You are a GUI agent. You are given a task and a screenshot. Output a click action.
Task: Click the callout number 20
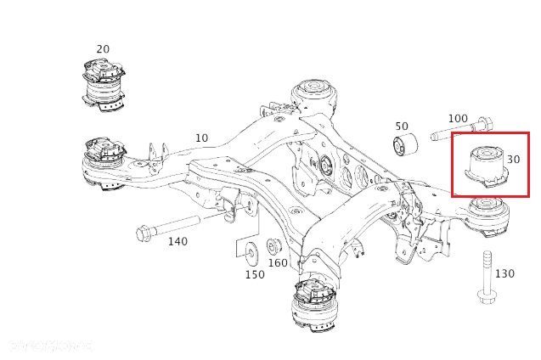coord(103,49)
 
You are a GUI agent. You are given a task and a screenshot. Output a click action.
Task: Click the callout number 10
coord(201,138)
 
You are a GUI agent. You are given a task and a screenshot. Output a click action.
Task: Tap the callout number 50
coord(402,127)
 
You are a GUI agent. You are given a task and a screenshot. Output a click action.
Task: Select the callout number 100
coord(457,118)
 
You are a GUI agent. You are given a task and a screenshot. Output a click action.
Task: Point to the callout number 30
coord(513,159)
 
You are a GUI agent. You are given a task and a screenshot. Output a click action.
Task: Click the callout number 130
coord(504,273)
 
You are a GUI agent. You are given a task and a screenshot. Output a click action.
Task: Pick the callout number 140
coord(178,242)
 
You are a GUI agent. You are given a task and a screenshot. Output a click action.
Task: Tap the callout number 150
coord(255,274)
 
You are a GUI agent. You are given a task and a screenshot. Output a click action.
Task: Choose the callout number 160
coord(279,263)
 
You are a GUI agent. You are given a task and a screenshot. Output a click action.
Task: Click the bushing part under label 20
coord(104,85)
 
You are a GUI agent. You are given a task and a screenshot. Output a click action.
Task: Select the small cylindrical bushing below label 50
coord(405,145)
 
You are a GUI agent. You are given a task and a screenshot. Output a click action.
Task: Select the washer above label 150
coord(252,251)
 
